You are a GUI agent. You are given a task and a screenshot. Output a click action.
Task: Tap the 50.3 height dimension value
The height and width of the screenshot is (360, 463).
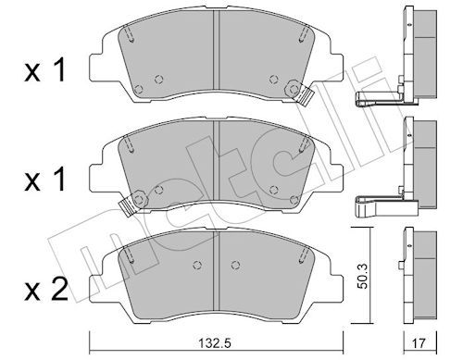click(x=364, y=276)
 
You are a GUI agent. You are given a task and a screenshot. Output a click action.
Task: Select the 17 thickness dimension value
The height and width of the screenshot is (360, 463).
click(x=419, y=343)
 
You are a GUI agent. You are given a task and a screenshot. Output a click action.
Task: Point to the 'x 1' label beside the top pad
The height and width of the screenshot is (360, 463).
click(x=45, y=70)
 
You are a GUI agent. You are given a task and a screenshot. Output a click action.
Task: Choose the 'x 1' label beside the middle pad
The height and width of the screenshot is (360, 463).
click(x=45, y=180)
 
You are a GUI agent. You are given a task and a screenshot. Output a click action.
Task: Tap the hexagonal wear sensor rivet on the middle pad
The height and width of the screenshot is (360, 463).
click(x=140, y=199)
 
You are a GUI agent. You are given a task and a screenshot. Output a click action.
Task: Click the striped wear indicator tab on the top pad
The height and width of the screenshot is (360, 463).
click(x=306, y=95)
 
